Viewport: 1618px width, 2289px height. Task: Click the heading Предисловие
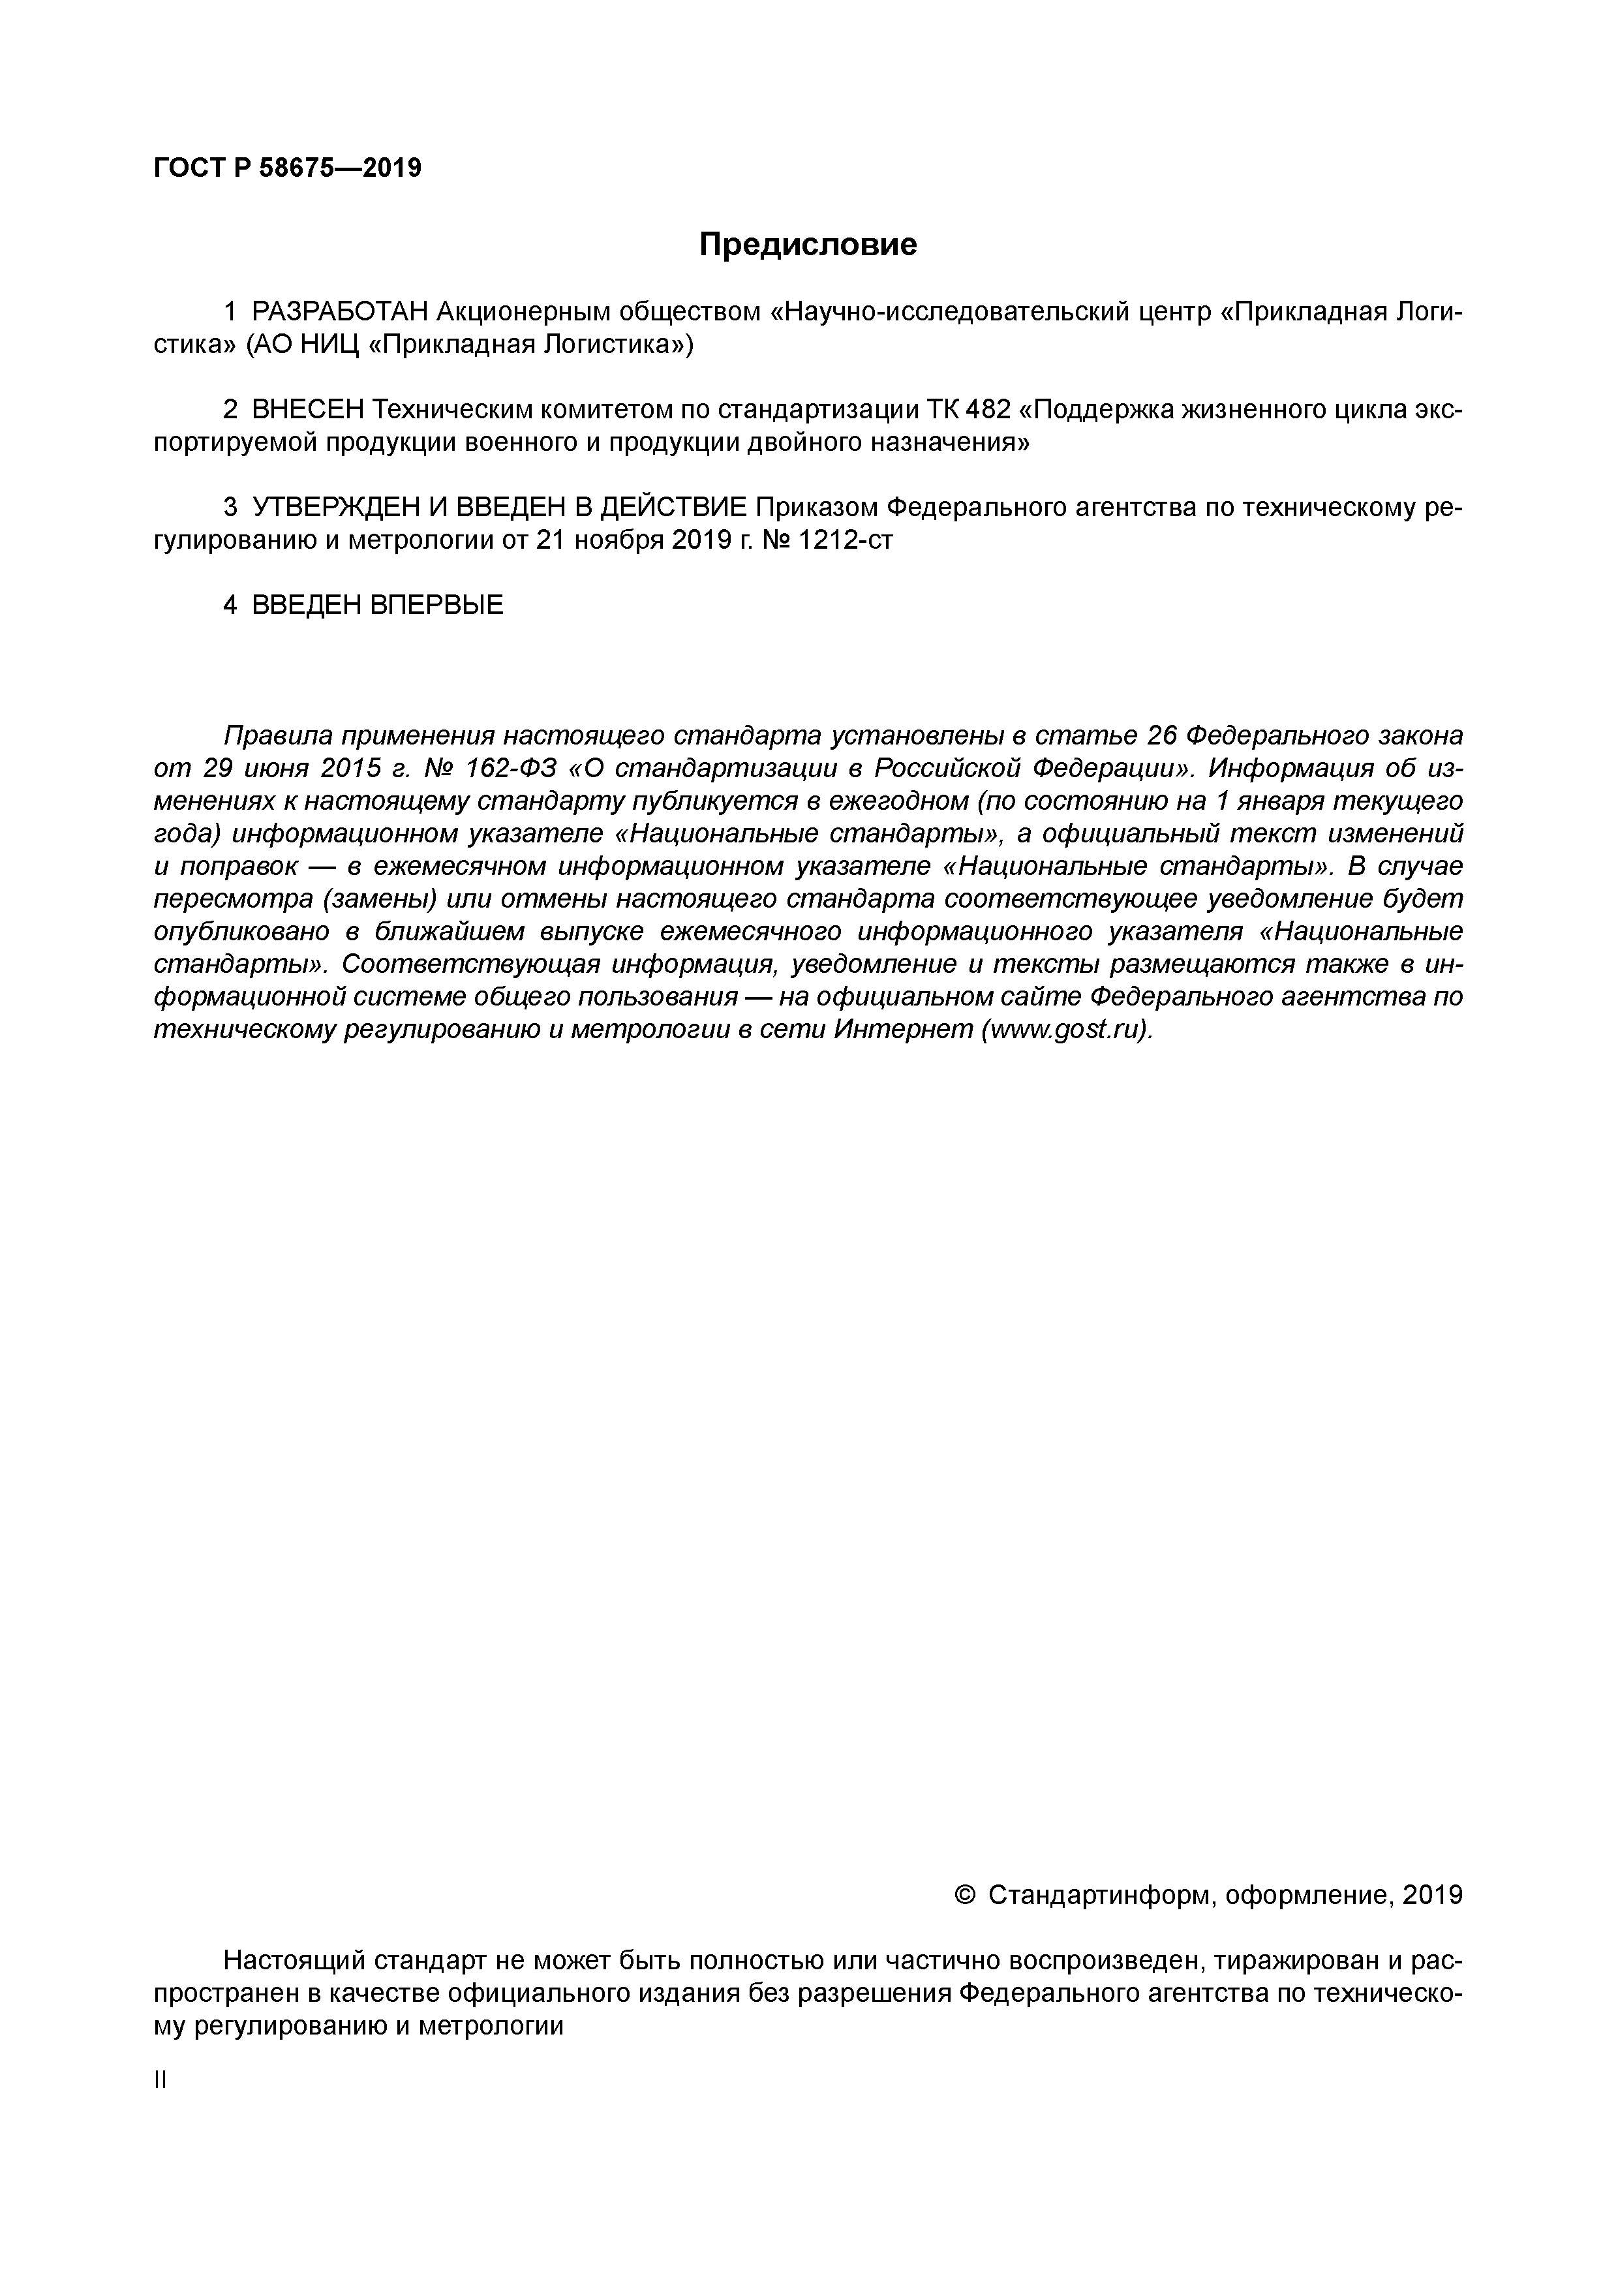(x=808, y=244)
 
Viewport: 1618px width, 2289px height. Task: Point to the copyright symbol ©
(x=965, y=1895)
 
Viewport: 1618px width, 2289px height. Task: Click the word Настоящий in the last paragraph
(x=294, y=1961)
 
